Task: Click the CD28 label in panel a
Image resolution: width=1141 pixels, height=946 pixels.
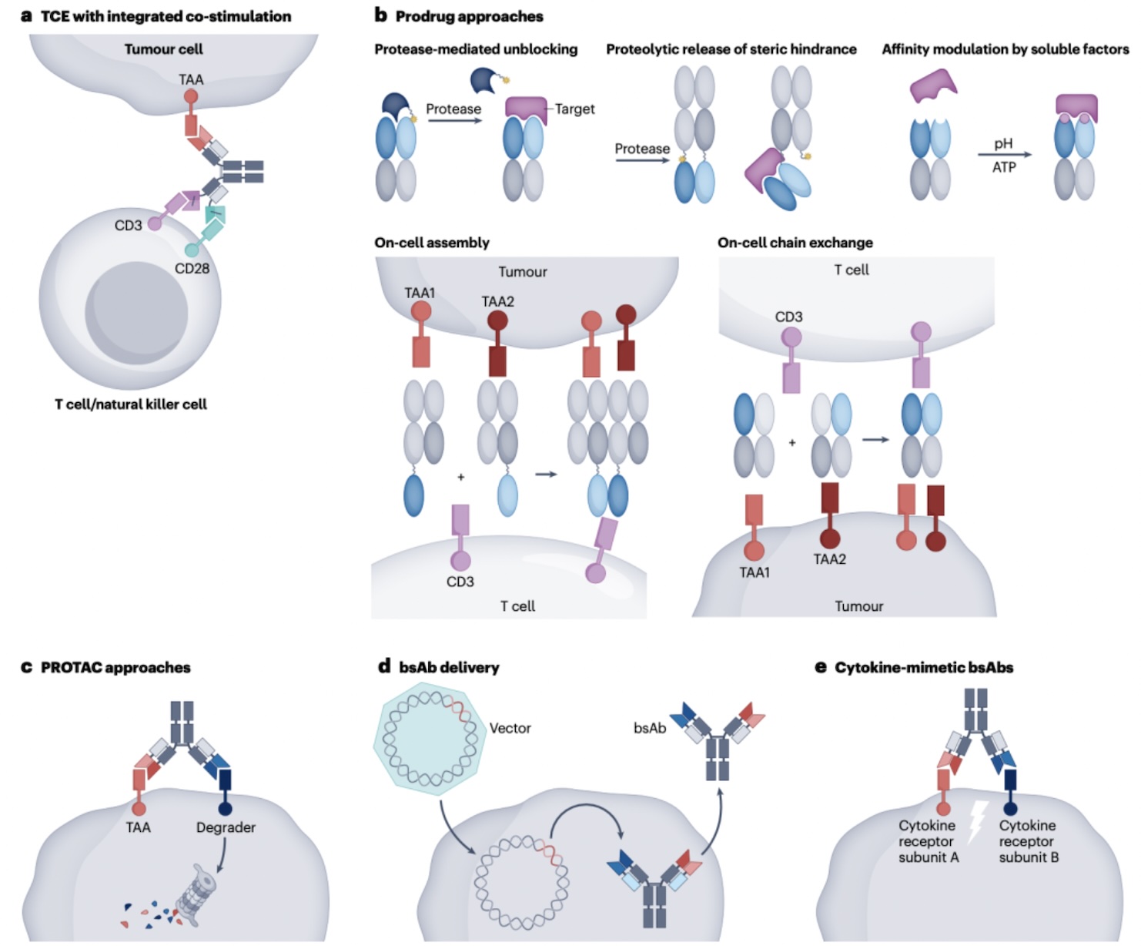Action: point(192,269)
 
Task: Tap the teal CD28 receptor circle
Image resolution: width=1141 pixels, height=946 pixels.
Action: point(191,250)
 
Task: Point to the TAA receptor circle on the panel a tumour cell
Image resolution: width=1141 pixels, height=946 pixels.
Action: point(191,97)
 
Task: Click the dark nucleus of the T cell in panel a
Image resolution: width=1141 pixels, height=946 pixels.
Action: point(136,313)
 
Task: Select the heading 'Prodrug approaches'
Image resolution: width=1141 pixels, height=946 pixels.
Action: point(469,16)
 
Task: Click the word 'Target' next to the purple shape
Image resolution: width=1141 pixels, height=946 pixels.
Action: point(575,109)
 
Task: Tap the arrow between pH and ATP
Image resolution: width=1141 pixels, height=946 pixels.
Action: point(1005,155)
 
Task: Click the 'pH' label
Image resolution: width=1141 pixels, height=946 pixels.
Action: point(1003,143)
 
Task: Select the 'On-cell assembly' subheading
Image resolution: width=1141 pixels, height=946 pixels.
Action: point(432,242)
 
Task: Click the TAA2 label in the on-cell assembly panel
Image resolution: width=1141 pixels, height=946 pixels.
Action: point(497,301)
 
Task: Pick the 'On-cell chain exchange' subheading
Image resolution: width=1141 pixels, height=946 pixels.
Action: point(795,242)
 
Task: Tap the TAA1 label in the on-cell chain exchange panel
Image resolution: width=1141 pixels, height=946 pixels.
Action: point(754,572)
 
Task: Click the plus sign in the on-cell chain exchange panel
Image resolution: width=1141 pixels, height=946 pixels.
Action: point(791,443)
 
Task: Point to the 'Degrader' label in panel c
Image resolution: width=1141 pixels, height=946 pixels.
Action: point(226,827)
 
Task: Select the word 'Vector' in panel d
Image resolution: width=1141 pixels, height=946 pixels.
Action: point(510,728)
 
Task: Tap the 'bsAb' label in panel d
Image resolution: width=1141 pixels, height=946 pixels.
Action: point(650,728)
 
